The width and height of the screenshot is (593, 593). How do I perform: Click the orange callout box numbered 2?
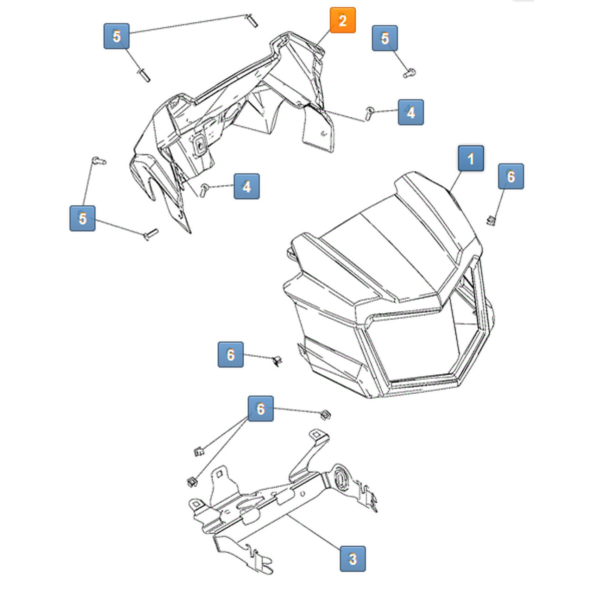(342, 20)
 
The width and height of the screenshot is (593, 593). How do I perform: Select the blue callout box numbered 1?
(471, 159)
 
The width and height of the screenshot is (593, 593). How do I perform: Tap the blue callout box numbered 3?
(353, 558)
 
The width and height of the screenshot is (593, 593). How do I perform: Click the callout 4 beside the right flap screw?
(410, 112)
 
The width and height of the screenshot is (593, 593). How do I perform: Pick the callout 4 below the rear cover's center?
(246, 186)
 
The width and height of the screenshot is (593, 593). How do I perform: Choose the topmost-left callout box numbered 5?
(116, 36)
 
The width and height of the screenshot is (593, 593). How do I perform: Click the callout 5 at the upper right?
(385, 38)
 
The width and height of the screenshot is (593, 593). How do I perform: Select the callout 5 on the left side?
(82, 218)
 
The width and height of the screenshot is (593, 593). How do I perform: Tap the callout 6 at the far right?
(511, 177)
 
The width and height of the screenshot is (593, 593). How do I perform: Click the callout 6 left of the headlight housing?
(231, 355)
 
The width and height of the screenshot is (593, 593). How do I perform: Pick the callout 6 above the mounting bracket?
(260, 409)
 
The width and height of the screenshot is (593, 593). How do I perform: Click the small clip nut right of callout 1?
(491, 221)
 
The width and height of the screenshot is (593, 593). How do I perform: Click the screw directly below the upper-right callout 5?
(409, 73)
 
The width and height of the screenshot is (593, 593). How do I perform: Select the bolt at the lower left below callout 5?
(151, 234)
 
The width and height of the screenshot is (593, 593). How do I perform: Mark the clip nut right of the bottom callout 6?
(326, 414)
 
